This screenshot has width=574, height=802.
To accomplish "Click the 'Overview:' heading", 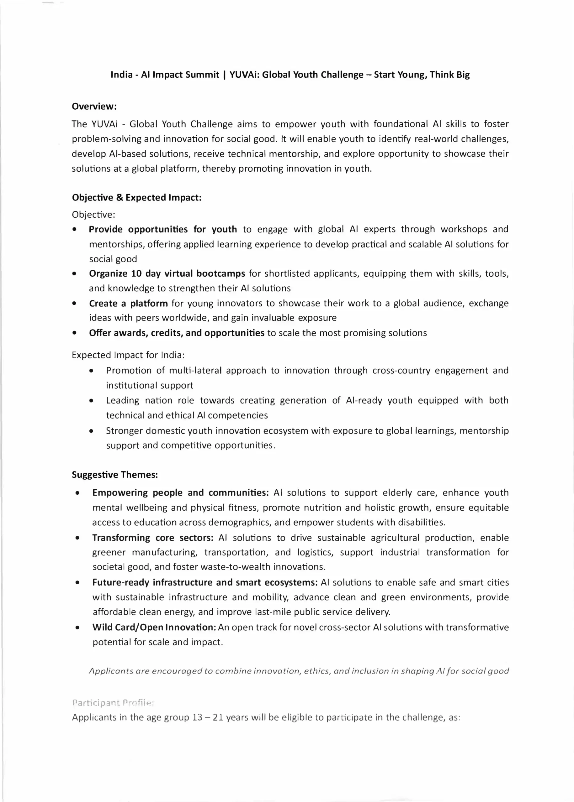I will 94,106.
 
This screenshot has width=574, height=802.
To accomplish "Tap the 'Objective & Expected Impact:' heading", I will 136,197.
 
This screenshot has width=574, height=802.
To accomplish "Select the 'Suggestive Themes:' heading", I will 114,475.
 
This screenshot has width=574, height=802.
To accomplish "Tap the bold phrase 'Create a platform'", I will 128,303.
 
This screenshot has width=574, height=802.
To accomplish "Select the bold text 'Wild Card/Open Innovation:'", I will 154,627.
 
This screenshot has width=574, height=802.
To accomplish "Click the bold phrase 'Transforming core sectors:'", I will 153,538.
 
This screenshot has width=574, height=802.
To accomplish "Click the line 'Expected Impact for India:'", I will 128,355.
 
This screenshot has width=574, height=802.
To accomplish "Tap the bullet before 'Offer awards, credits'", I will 74,333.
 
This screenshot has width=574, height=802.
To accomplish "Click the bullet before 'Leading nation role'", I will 92,401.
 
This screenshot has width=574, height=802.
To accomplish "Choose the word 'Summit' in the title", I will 203,75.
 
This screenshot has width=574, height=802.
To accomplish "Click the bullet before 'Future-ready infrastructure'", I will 77,582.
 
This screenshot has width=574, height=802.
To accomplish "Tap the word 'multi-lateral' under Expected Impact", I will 195,370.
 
